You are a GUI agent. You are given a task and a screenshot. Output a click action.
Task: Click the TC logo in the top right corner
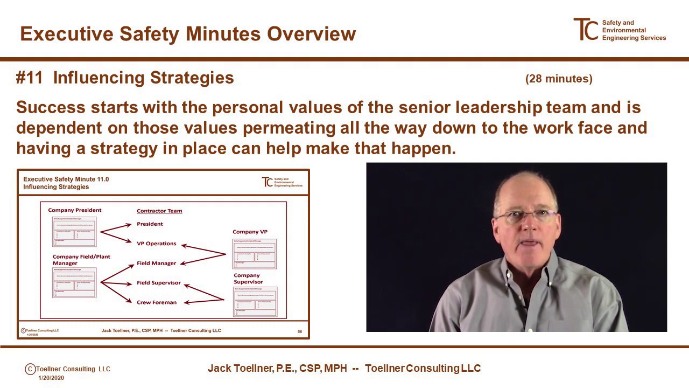click(586, 30)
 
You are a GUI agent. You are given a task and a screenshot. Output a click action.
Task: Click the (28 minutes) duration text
click(559, 79)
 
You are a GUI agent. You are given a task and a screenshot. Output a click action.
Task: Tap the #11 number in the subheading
click(29, 78)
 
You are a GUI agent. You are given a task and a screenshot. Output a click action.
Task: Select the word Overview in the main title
click(311, 34)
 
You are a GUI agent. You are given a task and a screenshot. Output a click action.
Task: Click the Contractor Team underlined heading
click(159, 211)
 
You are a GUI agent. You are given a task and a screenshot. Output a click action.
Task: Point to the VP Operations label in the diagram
click(156, 244)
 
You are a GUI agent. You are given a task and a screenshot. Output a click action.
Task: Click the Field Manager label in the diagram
click(156, 263)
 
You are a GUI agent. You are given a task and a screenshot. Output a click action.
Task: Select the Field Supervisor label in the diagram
click(158, 283)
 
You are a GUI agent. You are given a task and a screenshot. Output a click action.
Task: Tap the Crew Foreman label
click(156, 302)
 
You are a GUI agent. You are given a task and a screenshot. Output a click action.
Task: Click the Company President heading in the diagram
click(74, 210)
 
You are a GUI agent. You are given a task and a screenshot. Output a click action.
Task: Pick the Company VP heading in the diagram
click(250, 232)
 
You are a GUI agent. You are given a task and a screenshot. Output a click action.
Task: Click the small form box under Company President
click(74, 231)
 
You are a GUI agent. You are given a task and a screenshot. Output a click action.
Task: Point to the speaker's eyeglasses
click(525, 217)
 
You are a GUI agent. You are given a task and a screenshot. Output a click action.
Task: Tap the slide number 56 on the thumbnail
click(300, 331)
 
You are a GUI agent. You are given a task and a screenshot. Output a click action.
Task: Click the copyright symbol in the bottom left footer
click(30, 369)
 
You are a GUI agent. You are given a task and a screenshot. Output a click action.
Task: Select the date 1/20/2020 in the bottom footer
click(51, 378)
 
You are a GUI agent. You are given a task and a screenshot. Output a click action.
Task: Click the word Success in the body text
click(51, 107)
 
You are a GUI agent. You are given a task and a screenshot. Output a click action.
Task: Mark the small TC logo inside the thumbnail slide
click(267, 182)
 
